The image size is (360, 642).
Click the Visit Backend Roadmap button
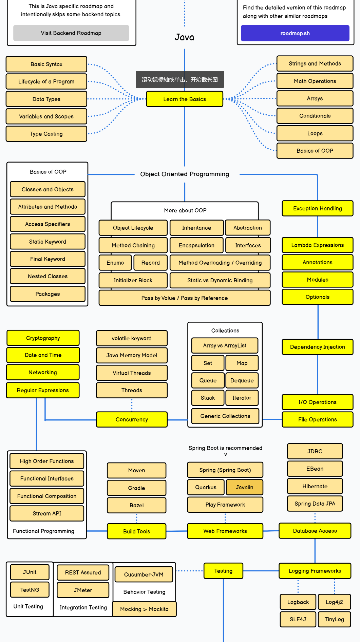(x=71, y=33)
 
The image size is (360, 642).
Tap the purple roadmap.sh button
(x=295, y=33)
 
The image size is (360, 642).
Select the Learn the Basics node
(x=185, y=99)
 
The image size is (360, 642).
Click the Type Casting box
(x=46, y=134)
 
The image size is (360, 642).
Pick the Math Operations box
(x=315, y=81)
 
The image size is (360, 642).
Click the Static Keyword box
(x=48, y=242)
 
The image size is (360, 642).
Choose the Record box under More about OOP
(x=150, y=263)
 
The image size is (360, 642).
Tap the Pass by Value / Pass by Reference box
(x=185, y=298)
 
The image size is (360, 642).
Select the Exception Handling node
(x=317, y=208)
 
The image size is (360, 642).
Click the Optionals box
(x=317, y=297)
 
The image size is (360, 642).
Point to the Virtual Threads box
(x=132, y=373)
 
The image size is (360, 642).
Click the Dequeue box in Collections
(x=242, y=380)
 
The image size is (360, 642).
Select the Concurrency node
(x=132, y=419)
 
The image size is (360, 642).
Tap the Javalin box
(x=244, y=487)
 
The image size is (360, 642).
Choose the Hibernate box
(x=315, y=486)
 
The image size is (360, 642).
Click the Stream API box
(x=47, y=513)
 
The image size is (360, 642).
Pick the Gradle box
(x=136, y=488)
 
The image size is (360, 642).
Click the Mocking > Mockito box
(x=144, y=609)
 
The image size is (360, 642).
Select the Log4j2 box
(x=334, y=602)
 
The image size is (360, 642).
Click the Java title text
(x=185, y=37)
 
